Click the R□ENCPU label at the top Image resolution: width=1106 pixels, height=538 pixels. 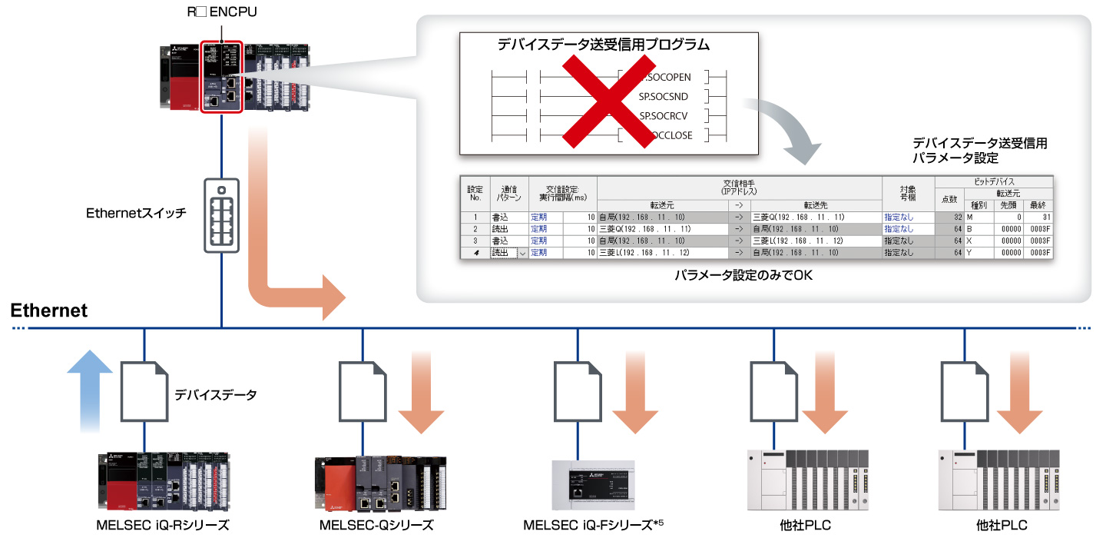pyautogui.click(x=220, y=14)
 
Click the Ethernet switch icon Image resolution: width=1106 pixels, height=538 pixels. pyautogui.click(x=221, y=215)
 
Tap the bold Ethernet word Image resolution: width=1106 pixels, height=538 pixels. pyautogui.click(x=49, y=311)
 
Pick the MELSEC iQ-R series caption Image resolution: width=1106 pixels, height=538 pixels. pyautogui.click(x=163, y=526)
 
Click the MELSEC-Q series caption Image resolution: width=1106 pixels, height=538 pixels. pyautogui.click(x=376, y=526)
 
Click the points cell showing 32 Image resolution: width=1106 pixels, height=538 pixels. pyautogui.click(x=949, y=218)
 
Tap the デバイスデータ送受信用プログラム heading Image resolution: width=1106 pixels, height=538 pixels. pyautogui.click(x=603, y=45)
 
